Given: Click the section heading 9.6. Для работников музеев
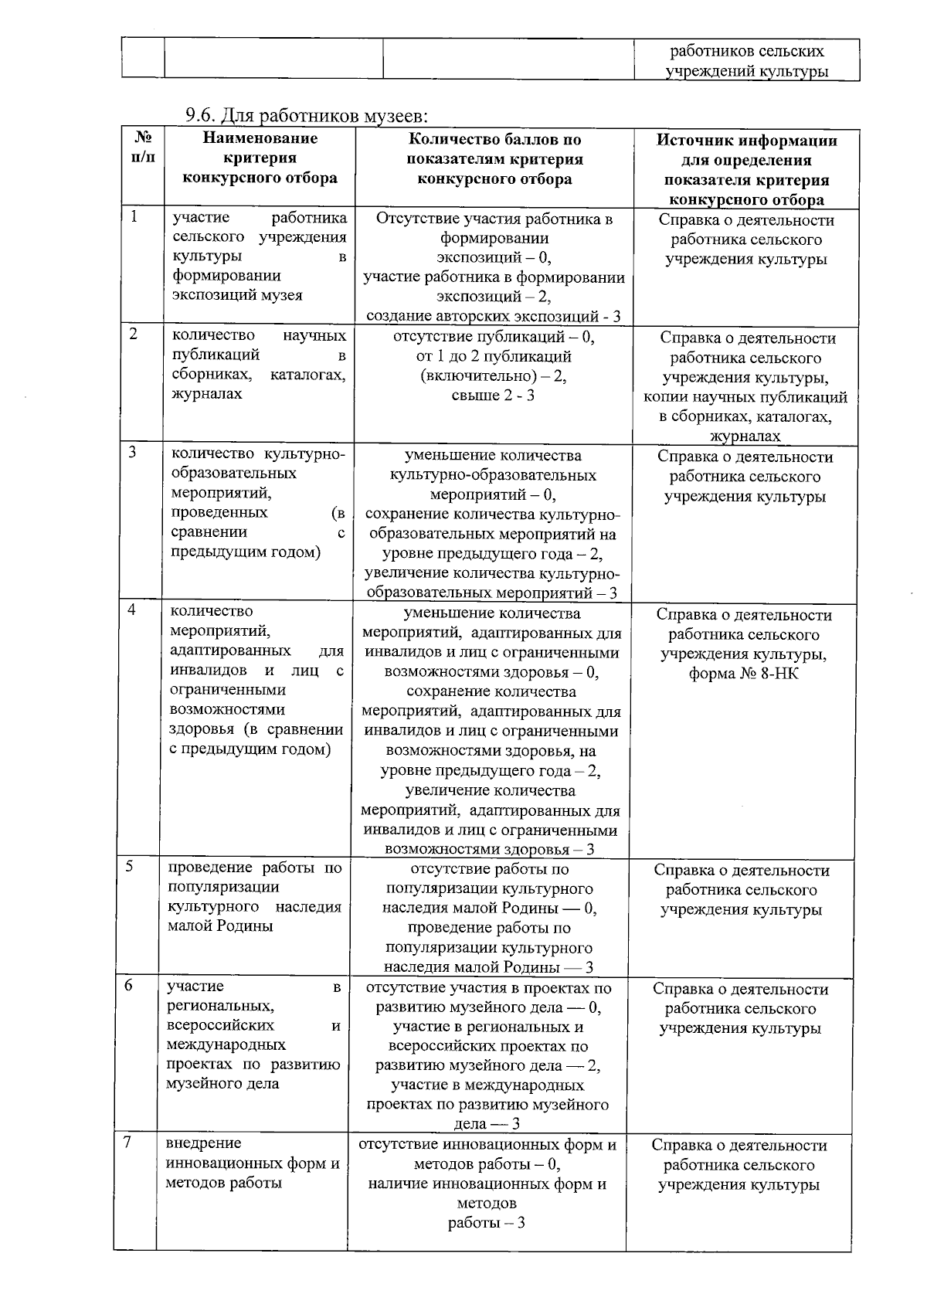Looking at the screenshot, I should (x=306, y=117).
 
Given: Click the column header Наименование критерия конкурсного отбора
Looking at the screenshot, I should (x=260, y=158).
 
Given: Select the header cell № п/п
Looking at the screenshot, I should (x=143, y=148).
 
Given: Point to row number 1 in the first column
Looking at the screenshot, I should (x=134, y=217).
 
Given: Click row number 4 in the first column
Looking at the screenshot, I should (x=133, y=610).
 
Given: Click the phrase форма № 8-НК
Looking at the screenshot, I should (x=744, y=674).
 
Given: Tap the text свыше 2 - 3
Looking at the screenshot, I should (x=493, y=396).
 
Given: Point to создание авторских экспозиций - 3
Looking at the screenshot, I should (x=493, y=316).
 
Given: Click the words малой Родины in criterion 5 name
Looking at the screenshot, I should (x=220, y=926).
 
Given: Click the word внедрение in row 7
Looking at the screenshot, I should (x=203, y=1143).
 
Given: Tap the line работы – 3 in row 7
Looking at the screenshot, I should (x=487, y=1224).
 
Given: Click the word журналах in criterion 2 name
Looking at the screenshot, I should (x=206, y=394).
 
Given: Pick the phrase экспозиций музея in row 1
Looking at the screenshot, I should (x=237, y=295).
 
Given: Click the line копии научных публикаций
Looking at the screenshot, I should (x=745, y=398).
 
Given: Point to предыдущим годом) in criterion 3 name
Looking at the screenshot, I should (x=245, y=552).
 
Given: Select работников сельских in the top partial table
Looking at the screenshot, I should (x=746, y=52).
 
